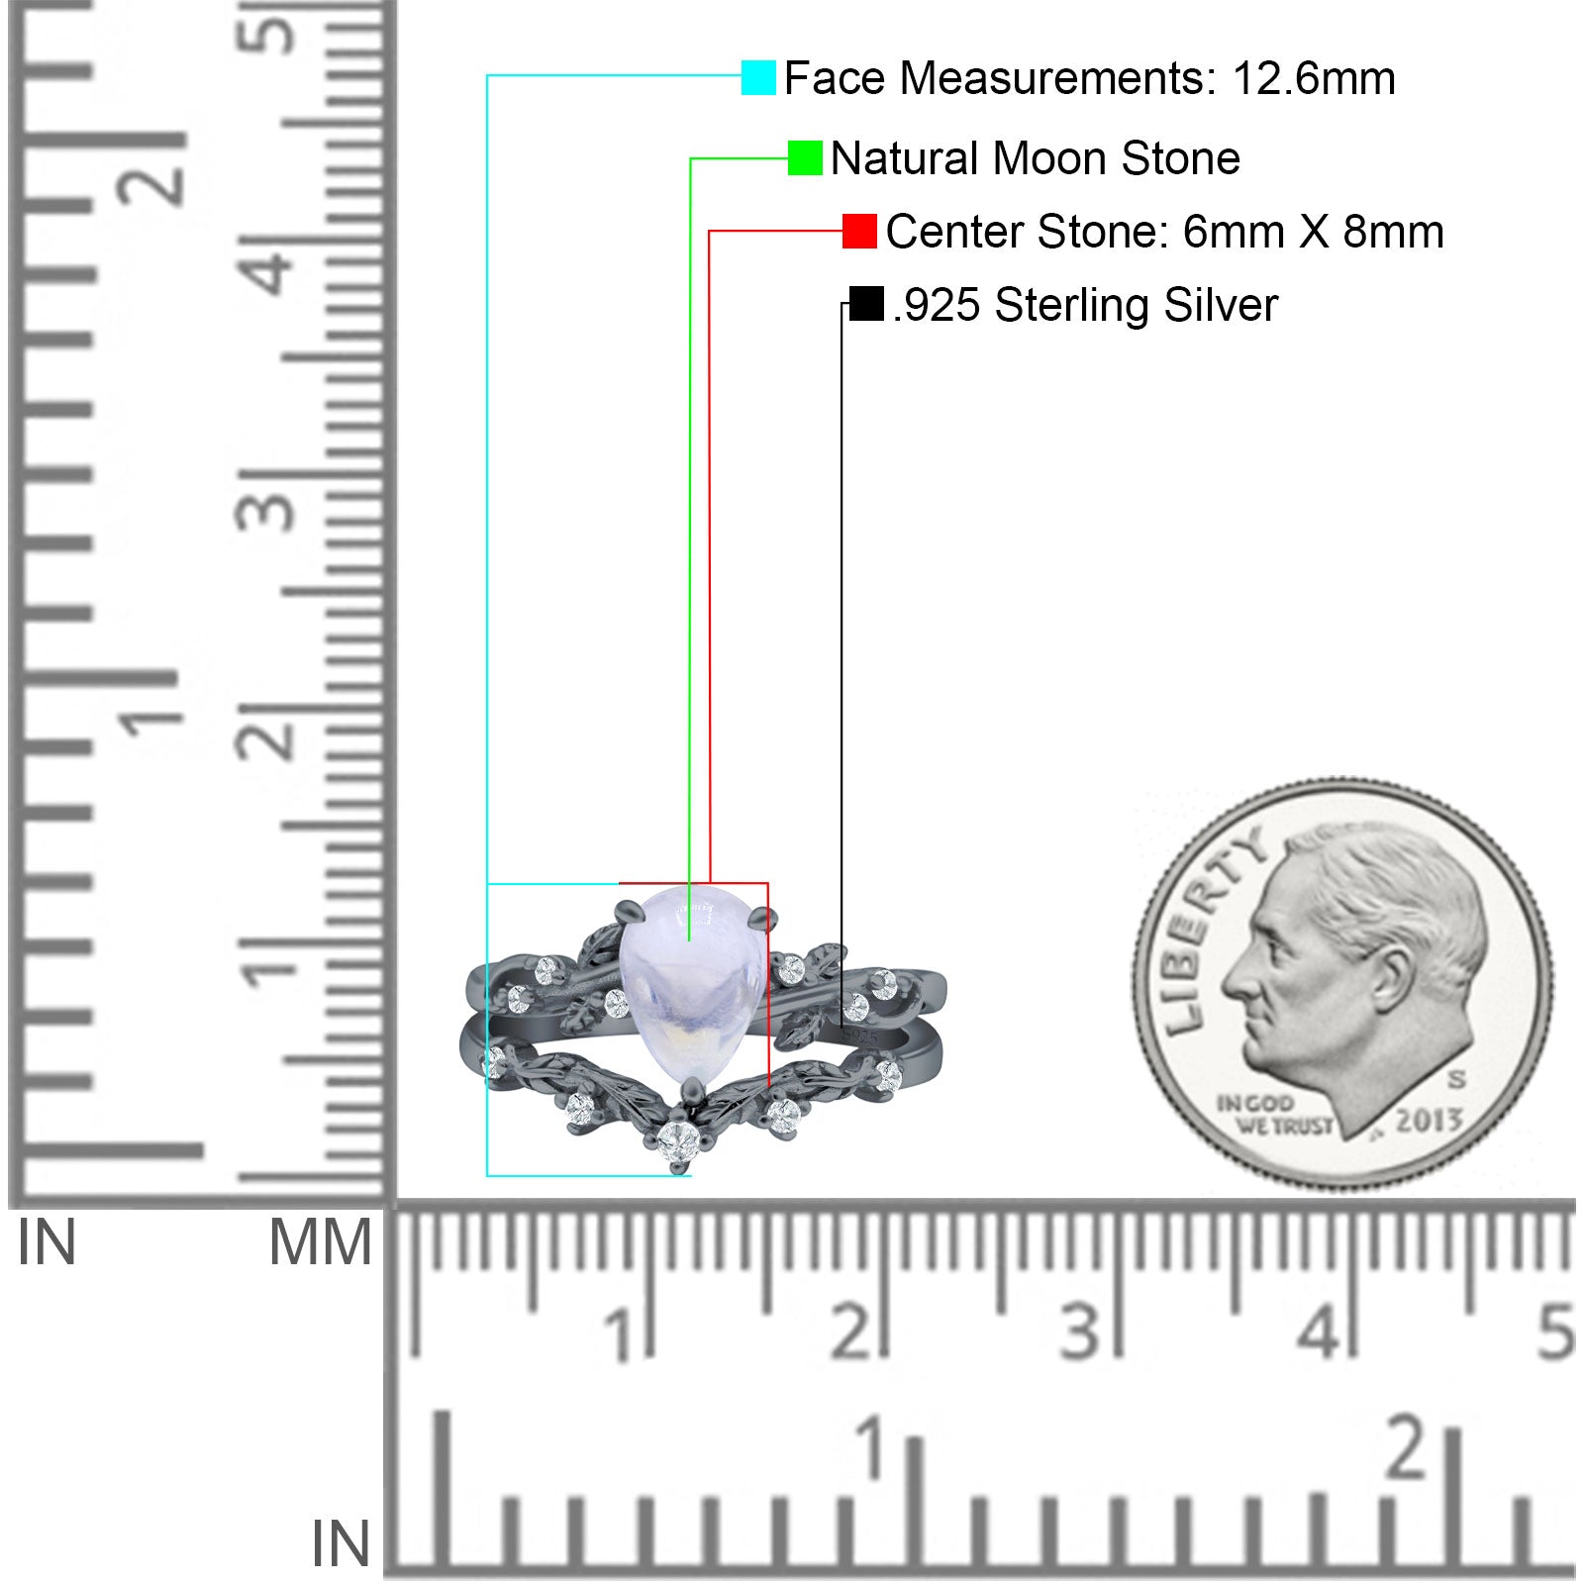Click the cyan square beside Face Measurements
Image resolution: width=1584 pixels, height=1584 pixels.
click(758, 77)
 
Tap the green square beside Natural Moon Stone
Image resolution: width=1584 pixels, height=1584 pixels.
click(805, 157)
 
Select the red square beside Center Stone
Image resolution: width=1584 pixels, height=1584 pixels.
click(859, 231)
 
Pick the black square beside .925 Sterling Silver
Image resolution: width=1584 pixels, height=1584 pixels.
click(866, 304)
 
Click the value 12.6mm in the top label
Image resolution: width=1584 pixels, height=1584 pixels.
click(1314, 78)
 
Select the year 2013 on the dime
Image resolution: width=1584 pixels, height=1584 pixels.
click(1429, 1120)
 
